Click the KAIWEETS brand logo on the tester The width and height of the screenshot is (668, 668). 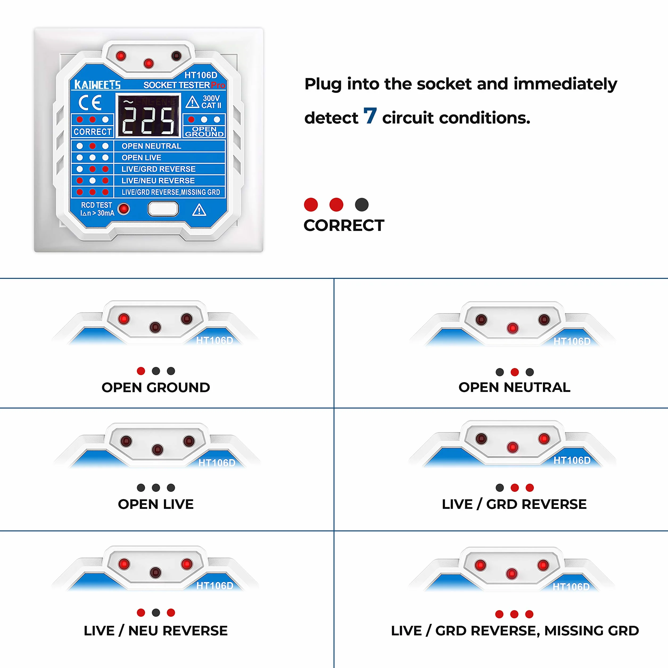[97, 85]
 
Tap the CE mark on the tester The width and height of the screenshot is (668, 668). [90, 102]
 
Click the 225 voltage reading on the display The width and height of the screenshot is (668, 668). [149, 120]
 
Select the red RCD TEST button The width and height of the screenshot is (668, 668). [123, 209]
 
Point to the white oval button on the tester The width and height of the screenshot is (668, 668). [163, 209]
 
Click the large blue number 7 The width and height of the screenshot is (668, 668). [370, 116]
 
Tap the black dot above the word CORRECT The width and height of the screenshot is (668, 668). [362, 205]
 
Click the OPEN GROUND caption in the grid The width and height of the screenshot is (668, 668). [156, 387]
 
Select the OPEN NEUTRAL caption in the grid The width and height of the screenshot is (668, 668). [514, 387]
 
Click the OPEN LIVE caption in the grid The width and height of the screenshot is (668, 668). [156, 504]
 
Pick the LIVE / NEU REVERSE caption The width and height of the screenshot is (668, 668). [156, 631]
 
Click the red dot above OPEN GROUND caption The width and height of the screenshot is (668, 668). [141, 371]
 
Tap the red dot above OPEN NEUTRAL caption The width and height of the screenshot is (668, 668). [515, 372]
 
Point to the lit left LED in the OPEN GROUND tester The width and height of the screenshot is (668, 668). [124, 319]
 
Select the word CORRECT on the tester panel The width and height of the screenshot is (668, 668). [92, 132]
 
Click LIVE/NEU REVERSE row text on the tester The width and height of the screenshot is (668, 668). [158, 180]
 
